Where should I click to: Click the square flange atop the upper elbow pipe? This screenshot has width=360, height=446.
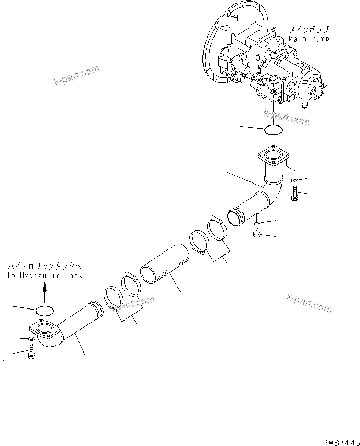click(273, 155)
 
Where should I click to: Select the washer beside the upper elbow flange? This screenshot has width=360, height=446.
click(295, 180)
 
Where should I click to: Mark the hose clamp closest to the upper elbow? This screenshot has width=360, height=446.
click(217, 230)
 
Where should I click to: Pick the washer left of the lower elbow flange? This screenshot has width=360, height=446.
click(31, 340)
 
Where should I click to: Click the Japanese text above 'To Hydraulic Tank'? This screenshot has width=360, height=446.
click(44, 267)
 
